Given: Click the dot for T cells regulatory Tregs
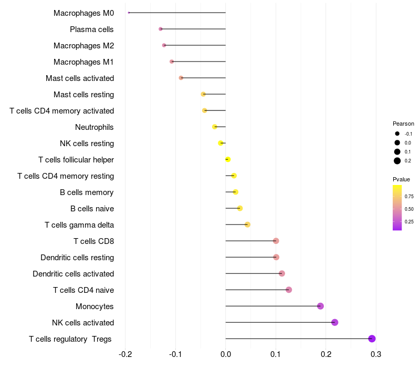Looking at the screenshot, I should tap(372, 339).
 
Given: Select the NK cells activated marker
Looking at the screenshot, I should tap(334, 322).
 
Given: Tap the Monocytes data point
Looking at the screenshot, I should tap(320, 306).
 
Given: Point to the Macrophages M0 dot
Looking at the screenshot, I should tap(129, 13).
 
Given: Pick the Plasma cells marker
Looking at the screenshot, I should tap(161, 29).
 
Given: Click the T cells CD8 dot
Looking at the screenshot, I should tap(276, 241).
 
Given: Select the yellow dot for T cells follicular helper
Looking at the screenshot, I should tap(228, 159).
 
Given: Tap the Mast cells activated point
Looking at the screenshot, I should tap(181, 78).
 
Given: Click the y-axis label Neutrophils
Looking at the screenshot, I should tap(94, 127).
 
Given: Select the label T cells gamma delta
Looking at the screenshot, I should tap(79, 224).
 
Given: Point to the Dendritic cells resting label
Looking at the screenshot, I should tap(77, 257).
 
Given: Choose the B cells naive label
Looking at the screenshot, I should tap(92, 208).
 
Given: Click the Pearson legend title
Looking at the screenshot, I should tap(403, 124).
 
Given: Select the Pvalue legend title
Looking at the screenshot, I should tap(402, 179).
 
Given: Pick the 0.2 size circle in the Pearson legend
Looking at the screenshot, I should tap(397, 161).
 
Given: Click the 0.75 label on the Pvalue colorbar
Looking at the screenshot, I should tap(409, 197).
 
